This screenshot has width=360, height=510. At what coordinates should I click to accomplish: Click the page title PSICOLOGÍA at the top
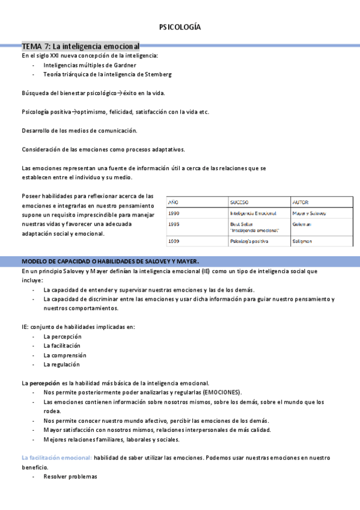pyautogui.click(x=180, y=27)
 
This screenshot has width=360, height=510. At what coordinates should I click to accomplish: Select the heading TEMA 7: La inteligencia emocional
pyautogui.click(x=81, y=46)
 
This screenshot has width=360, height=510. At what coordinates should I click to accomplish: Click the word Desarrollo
pyautogui.click(x=37, y=131)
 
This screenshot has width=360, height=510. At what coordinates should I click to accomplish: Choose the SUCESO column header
pyautogui.click(x=239, y=203)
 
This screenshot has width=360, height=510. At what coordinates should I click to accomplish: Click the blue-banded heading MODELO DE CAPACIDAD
pyautogui.click(x=109, y=261)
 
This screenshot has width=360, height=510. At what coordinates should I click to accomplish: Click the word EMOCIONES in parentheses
pyautogui.click(x=221, y=392)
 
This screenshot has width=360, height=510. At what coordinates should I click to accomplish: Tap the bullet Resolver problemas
pyautogui.click(x=70, y=476)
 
